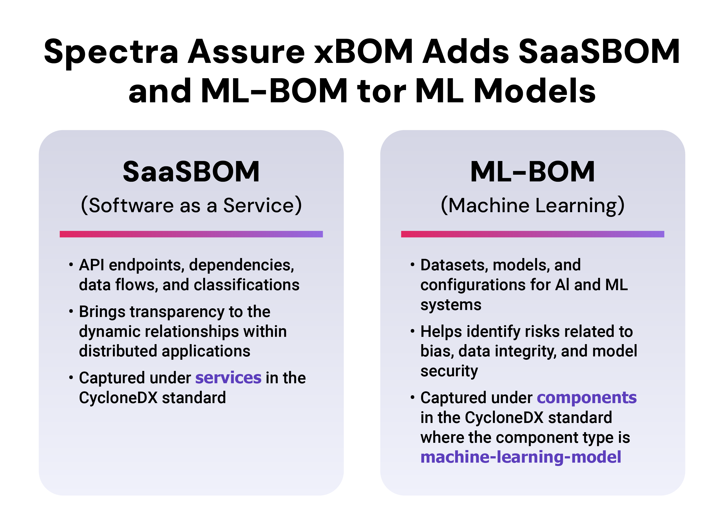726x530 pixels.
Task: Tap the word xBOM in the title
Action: (364, 51)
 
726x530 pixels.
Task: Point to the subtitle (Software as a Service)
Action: (191, 205)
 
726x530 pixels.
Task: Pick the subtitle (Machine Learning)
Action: (532, 206)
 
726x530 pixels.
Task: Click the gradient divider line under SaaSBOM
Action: (191, 234)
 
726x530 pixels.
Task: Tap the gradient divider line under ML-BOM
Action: (532, 234)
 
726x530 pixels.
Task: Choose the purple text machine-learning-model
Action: (521, 457)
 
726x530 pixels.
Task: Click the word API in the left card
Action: (92, 265)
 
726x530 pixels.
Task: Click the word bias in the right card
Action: (437, 351)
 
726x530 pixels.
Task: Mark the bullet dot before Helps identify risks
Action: (412, 331)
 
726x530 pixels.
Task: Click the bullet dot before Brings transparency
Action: (71, 311)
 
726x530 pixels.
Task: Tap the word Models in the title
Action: (535, 91)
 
